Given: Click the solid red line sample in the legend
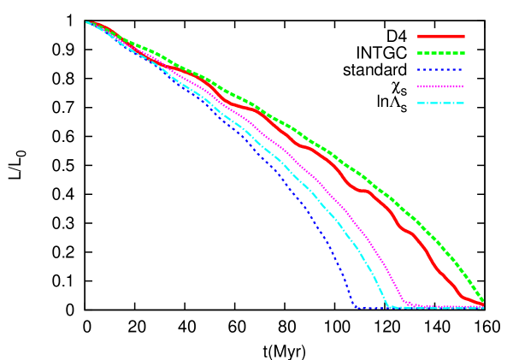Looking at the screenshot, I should tap(441, 37).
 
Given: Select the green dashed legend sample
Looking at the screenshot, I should tap(441, 53).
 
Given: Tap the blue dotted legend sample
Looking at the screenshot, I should tap(441, 70).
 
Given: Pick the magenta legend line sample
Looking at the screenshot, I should tap(441, 86).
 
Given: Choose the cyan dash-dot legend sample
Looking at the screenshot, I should tap(441, 103).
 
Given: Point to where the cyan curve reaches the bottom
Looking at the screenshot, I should tap(390, 306).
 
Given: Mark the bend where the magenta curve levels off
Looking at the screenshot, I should tap(404, 301).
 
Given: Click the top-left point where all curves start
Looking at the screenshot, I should tap(87, 23).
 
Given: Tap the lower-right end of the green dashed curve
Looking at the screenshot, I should tap(483, 301).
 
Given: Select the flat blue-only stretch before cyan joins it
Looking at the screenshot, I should tap(373, 308).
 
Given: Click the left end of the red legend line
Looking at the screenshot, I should tap(418, 37).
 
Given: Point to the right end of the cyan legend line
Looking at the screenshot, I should tap(464, 103).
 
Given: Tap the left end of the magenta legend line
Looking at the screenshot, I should tap(418, 86).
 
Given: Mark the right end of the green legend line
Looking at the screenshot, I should tap(464, 53).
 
